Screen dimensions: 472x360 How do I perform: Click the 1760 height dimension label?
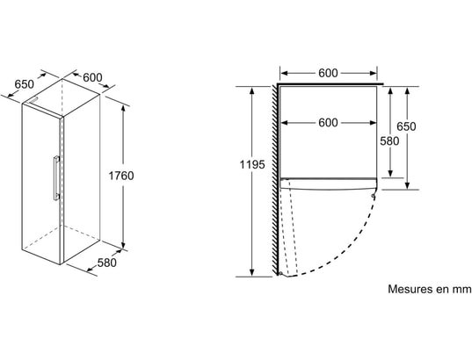121,176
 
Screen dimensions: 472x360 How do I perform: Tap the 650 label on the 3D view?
24,84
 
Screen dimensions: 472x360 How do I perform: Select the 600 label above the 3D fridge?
92,77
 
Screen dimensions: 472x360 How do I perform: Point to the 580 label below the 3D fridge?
107,263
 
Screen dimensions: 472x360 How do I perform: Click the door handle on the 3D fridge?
56,177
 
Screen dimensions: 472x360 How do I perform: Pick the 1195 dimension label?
252,164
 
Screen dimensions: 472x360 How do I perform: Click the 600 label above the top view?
328,73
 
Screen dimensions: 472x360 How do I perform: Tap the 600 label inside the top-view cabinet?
328,123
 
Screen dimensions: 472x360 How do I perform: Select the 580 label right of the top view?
389,141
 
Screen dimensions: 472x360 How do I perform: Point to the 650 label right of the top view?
406,126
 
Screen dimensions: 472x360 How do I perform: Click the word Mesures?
410,289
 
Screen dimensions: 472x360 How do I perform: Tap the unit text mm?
462,290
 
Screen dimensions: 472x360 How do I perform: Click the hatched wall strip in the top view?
275,180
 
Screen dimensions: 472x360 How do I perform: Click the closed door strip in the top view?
328,184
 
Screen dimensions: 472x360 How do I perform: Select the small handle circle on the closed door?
374,196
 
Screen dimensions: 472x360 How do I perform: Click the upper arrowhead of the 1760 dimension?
123,108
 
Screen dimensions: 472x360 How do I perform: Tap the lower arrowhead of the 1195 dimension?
252,273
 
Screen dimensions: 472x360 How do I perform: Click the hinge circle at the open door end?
280,273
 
